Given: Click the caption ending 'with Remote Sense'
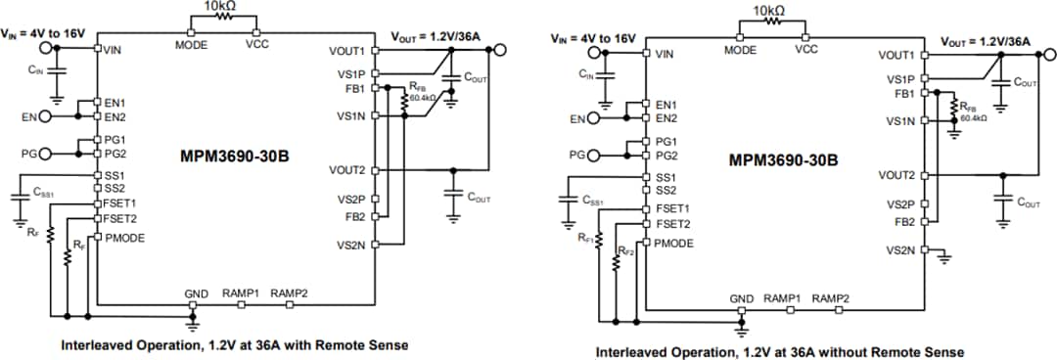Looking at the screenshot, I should (x=234, y=345).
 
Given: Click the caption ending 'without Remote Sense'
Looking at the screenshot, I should (x=780, y=351).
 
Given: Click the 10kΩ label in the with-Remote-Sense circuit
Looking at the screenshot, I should (x=217, y=7).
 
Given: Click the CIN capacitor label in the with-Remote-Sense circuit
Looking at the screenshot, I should (x=37, y=69).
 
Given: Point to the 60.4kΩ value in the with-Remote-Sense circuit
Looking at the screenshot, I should (x=425, y=98).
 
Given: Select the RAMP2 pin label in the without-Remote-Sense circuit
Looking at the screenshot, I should (x=830, y=298).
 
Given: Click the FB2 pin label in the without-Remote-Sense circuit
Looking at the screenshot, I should (x=900, y=222).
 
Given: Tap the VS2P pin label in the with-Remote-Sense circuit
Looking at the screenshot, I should (x=350, y=200).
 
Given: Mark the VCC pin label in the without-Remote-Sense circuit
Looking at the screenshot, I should (x=806, y=48).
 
